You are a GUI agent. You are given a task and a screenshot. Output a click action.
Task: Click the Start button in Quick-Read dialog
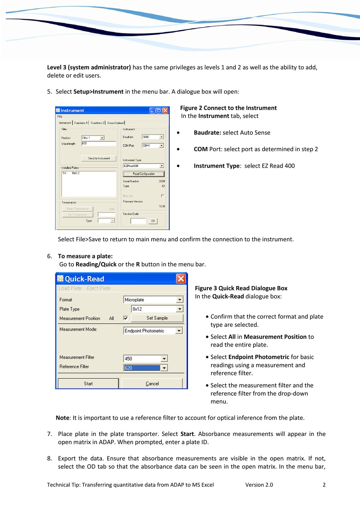click(x=88, y=384)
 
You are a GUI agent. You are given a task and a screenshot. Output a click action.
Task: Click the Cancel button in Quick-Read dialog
click(x=152, y=384)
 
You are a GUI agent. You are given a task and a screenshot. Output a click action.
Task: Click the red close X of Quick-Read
click(x=181, y=279)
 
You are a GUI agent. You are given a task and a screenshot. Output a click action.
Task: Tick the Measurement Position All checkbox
click(x=125, y=318)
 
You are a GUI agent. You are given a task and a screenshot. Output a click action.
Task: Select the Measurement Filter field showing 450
click(x=142, y=359)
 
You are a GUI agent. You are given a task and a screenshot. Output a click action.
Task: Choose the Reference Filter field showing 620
click(x=142, y=368)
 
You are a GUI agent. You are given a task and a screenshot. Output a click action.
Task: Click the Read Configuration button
click(x=144, y=174)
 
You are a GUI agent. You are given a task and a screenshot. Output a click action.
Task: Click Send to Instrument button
click(x=99, y=158)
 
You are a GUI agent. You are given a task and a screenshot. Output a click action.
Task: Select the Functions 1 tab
click(x=81, y=123)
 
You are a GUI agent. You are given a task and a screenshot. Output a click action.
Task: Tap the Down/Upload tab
click(x=116, y=123)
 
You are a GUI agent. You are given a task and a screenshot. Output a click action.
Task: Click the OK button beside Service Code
click(x=153, y=221)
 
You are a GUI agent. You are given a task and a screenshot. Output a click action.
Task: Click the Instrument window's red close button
click(x=165, y=111)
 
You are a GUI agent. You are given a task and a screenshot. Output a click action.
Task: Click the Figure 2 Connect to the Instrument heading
click(x=228, y=108)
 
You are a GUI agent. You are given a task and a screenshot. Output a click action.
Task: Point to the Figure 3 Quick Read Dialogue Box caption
click(x=241, y=288)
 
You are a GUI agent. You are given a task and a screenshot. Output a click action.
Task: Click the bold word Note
click(x=63, y=418)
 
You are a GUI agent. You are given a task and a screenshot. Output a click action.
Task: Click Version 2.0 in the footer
click(x=259, y=485)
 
